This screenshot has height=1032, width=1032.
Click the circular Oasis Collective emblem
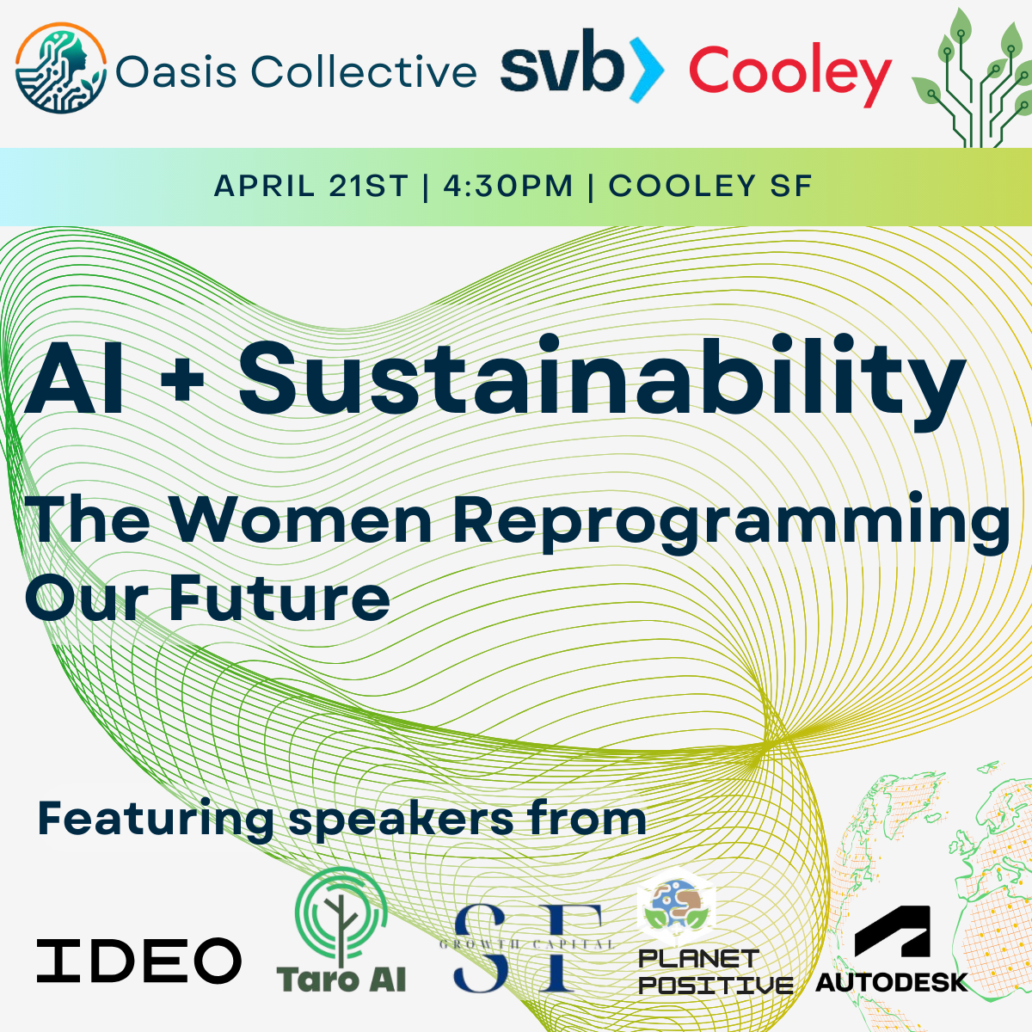coord(60,68)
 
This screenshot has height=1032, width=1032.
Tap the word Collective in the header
coord(364,71)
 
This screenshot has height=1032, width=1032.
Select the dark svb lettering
coord(562,63)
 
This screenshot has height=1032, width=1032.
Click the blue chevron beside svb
coord(646,69)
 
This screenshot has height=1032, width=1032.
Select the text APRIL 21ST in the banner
coord(311,186)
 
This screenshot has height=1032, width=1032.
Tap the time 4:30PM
coord(508,186)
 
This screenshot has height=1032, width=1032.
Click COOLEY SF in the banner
coord(710,186)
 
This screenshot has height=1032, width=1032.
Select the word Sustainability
coord(602,381)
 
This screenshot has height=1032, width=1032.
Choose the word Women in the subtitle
coord(302,519)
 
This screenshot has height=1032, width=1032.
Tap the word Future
coord(279,598)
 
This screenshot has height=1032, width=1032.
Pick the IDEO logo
coord(139,961)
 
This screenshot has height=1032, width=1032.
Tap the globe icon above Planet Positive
coord(677,907)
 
